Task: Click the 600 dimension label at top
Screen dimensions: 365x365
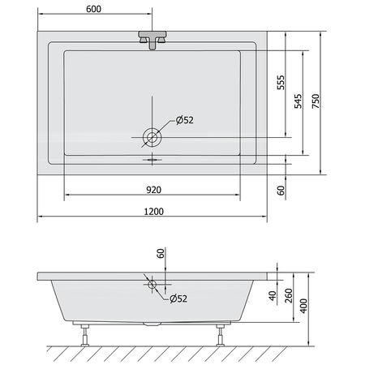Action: [x=93, y=9]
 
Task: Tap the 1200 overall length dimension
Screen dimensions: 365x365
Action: [x=153, y=211]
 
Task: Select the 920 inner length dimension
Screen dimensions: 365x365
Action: [x=153, y=190]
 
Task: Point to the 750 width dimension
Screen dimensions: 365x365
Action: [x=316, y=101]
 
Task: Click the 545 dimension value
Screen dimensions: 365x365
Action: [x=298, y=101]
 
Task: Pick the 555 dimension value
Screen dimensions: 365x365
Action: [x=281, y=83]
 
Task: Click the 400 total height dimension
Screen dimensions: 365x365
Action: [x=304, y=306]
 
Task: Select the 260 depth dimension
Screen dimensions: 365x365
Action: [x=289, y=295]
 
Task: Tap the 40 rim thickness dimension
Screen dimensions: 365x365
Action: [x=273, y=295]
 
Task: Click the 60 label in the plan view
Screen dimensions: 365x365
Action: [x=281, y=191]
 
